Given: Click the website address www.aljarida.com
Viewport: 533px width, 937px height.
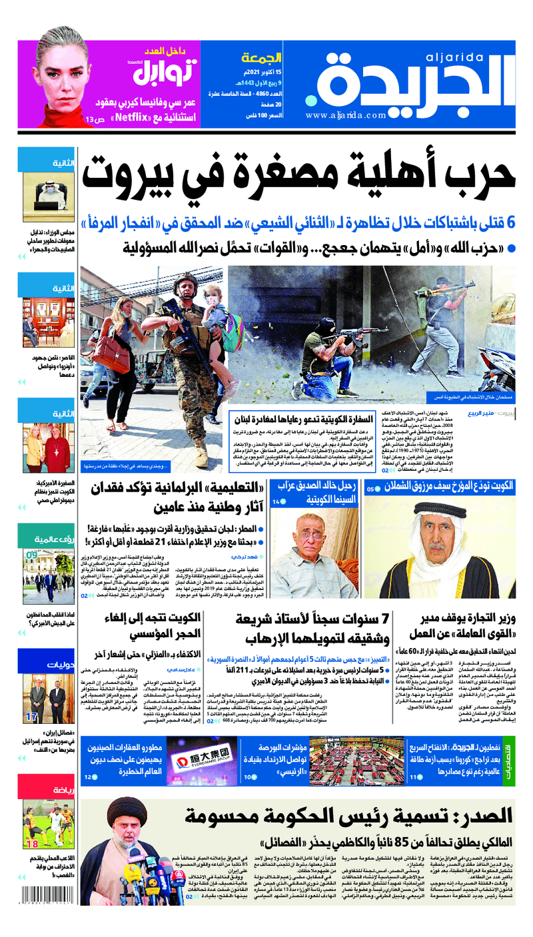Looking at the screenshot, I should (346, 115).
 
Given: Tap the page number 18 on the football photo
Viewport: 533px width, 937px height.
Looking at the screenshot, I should (32, 844).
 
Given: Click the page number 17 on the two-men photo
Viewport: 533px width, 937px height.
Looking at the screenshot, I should (31, 717).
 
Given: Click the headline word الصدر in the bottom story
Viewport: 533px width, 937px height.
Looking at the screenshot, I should (478, 816).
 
